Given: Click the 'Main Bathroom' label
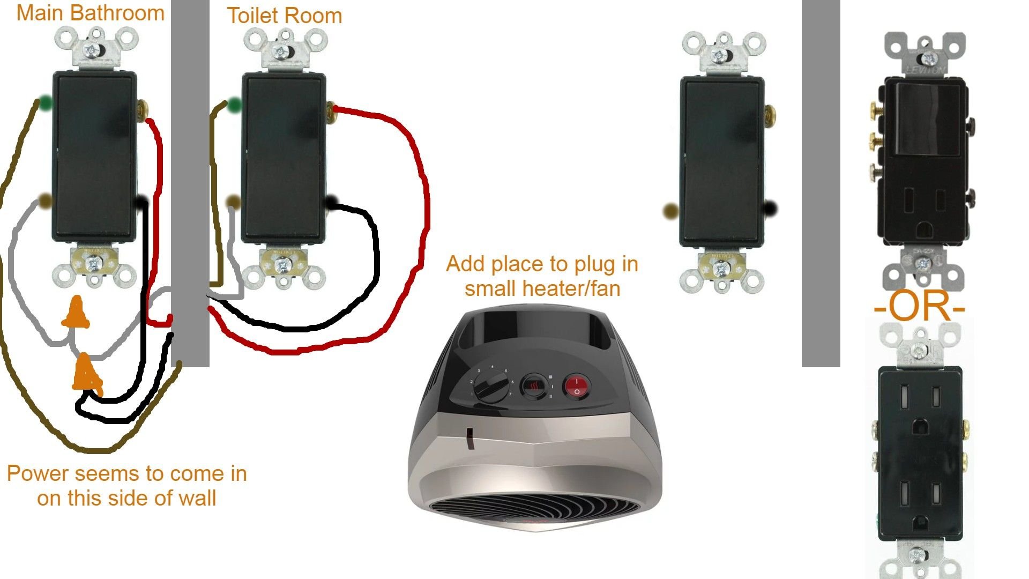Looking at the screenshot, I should [90, 13].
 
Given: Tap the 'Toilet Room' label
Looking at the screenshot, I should [284, 16].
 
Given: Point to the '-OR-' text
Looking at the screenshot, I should [919, 307].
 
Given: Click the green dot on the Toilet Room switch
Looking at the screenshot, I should [234, 106].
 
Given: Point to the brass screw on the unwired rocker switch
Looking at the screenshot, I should [770, 114].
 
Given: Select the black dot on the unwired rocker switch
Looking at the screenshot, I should [770, 208].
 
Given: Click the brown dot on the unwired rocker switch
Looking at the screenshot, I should [670, 211].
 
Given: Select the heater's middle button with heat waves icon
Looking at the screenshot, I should [534, 386].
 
